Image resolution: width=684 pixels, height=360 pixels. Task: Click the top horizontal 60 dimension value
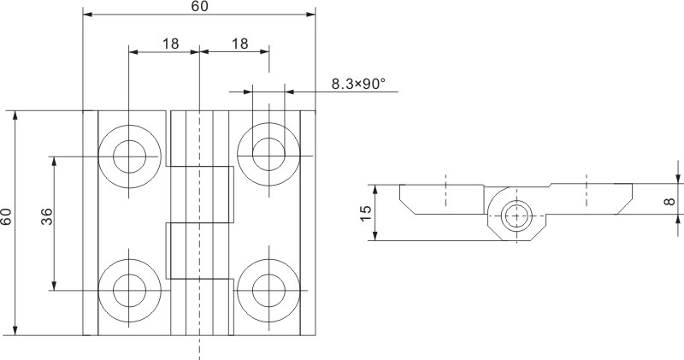200,6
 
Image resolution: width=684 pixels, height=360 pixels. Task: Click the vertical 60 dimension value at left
6,216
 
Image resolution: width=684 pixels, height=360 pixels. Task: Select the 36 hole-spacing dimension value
46,216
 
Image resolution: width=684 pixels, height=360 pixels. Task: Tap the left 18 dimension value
170,44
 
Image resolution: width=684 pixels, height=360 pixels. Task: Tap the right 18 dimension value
239,44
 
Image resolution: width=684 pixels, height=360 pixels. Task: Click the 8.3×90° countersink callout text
358,84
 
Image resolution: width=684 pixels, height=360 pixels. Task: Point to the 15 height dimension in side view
366,213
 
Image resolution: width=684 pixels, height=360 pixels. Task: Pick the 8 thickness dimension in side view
669,202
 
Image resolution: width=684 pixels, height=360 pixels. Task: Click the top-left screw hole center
129,156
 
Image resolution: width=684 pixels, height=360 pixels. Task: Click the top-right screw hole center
268,155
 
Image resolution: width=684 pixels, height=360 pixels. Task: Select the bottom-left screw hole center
129,291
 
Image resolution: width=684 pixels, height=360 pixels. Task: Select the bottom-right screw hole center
268,291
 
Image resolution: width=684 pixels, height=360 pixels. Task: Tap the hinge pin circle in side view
516,215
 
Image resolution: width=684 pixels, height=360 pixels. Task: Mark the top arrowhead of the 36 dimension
54,161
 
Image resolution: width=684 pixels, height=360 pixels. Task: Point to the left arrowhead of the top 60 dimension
87,15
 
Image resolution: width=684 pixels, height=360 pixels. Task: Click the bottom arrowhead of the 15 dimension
375,236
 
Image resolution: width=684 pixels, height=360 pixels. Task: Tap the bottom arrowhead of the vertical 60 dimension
15,331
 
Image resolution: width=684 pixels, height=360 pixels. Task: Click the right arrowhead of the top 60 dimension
310,15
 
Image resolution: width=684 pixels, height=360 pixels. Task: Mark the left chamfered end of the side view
407,199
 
